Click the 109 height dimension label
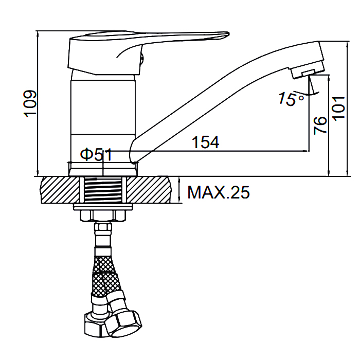30,103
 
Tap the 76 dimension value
320,125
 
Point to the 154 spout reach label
205,142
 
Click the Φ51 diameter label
96,154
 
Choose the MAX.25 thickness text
219,192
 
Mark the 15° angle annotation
291,99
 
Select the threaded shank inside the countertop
103,190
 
